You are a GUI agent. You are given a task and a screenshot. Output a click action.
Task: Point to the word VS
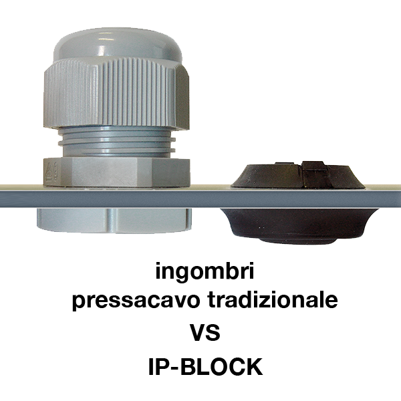click(205, 332)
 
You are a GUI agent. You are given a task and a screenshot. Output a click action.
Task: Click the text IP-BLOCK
click(205, 366)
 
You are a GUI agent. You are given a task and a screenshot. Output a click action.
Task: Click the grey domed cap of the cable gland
click(118, 45)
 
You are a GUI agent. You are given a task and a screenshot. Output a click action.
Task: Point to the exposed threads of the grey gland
click(116, 142)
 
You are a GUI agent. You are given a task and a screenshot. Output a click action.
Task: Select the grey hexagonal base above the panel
click(116, 171)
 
